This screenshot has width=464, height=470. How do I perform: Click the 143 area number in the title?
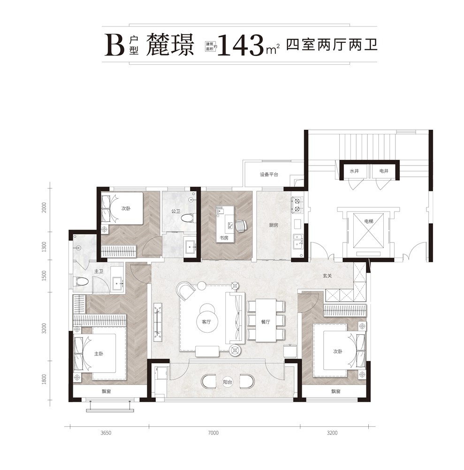[240, 45]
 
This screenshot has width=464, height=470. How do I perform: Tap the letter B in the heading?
[114, 45]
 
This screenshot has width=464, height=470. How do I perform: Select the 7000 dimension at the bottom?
[213, 433]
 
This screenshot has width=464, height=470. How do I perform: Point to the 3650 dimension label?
[106, 433]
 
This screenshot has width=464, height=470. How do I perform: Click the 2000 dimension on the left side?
[45, 208]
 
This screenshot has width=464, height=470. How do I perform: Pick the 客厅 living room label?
[206, 322]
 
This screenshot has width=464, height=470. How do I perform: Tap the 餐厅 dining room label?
[266, 322]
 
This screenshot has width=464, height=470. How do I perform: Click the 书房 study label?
[224, 238]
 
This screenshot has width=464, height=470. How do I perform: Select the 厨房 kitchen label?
[273, 225]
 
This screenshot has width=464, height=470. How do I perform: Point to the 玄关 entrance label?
[327, 275]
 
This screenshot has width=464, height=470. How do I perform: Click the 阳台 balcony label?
[228, 382]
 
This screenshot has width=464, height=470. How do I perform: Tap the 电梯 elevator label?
[369, 221]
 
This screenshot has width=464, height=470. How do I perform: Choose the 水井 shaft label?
[354, 171]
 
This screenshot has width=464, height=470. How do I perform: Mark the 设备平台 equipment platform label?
[269, 174]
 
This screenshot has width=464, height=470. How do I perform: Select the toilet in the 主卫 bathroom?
[81, 282]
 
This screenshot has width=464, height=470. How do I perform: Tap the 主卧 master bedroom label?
[99, 354]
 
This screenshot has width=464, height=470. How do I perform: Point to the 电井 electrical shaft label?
[384, 171]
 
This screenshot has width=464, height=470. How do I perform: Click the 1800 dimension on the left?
[45, 379]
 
